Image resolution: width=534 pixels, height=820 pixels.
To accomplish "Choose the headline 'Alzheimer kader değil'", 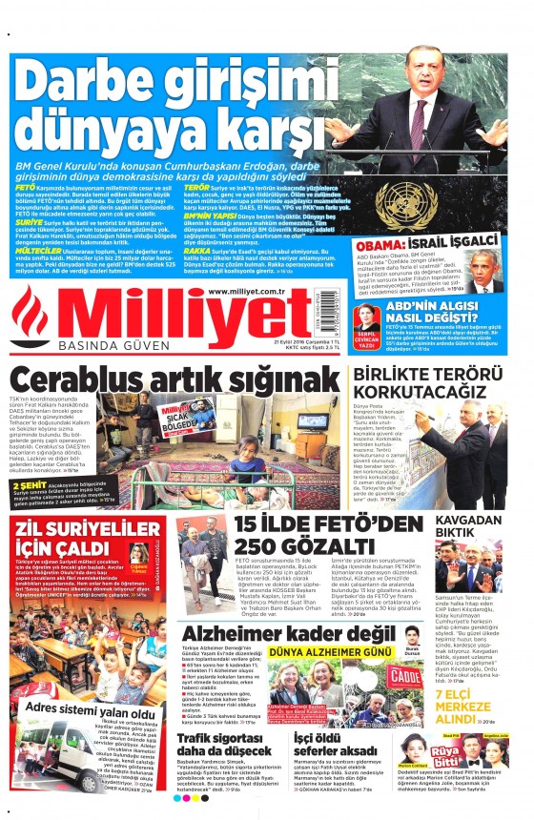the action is (x=295, y=636).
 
